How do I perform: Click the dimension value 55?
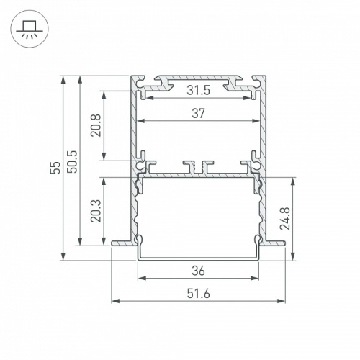55,168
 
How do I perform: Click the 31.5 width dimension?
199,91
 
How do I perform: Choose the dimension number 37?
199,112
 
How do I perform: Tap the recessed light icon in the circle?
29,30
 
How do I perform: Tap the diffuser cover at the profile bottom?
199,256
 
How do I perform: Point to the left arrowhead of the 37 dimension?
141,120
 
